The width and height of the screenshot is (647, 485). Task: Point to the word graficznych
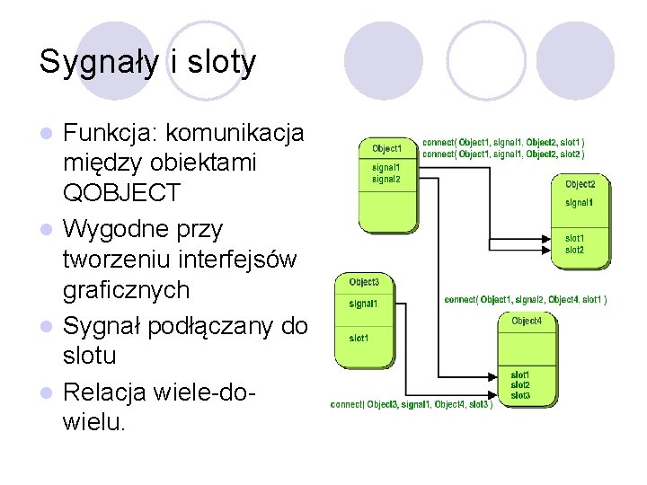coord(127,290)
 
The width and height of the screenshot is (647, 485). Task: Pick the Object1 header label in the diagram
coord(387,148)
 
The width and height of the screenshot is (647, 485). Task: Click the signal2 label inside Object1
coord(386,180)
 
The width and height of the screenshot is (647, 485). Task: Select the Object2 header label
coord(581,184)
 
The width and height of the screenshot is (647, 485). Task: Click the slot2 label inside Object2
coord(575,250)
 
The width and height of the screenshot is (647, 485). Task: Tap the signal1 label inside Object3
coord(363,304)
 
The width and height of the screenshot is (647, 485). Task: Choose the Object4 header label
coord(527,321)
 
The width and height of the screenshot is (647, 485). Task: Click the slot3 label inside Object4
coord(520,396)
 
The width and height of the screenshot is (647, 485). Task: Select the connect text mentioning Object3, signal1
coord(411,404)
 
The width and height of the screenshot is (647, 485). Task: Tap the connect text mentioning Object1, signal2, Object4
coord(526,299)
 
